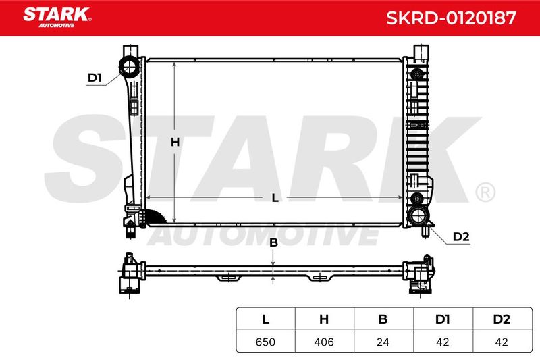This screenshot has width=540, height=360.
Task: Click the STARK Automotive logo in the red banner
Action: coord(57,18)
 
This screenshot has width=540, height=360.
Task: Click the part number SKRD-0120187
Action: coord(451,18)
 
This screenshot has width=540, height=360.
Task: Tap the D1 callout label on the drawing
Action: coord(94,78)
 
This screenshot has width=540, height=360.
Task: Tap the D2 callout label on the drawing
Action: coord(461,236)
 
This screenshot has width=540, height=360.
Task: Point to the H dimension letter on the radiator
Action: coord(175,142)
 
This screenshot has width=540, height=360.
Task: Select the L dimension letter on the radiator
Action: coord(275,198)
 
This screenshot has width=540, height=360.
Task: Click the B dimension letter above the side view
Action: coord(273,242)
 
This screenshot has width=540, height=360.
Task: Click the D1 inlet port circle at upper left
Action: coord(130,66)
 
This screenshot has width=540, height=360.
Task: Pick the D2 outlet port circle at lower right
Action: coord(418,215)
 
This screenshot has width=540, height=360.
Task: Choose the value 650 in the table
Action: coord(265,342)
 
